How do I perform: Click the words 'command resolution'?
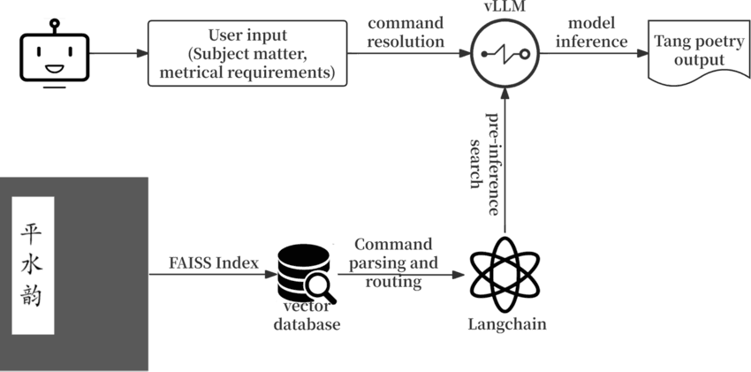click(x=406, y=32)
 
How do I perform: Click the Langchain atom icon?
click(x=506, y=274)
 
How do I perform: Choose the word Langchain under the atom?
click(x=506, y=324)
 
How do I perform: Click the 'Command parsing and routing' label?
click(x=393, y=263)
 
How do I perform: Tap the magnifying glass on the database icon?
click(x=319, y=285)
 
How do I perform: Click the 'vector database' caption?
click(x=306, y=315)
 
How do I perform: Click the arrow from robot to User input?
click(x=118, y=55)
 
